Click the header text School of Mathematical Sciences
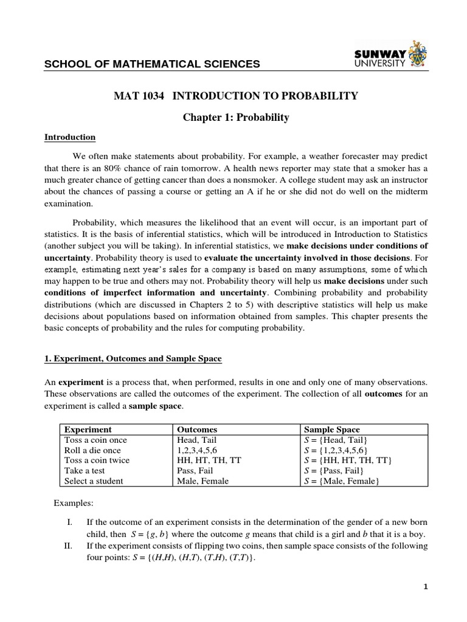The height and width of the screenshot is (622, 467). (152, 64)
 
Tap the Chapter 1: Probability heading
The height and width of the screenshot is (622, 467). (236, 117)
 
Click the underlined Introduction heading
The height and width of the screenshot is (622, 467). (70, 137)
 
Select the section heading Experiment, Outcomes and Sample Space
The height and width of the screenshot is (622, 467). (133, 359)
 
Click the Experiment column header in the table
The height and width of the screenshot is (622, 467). (88, 429)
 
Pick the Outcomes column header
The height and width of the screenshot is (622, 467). (196, 429)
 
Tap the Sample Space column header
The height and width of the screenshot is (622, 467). (332, 429)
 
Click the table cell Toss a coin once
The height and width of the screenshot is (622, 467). (96, 440)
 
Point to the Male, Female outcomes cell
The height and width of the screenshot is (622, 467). (202, 481)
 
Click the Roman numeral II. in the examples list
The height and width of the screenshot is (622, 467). (68, 546)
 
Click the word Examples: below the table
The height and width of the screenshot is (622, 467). (74, 504)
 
